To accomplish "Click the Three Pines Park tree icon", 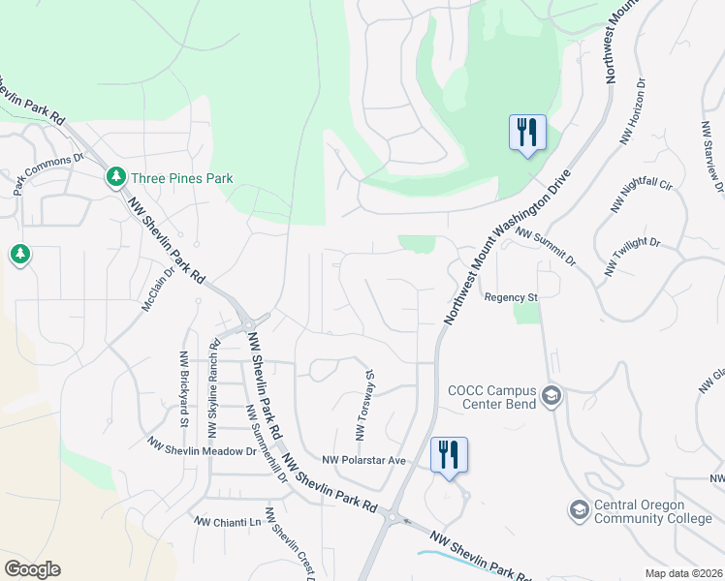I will (x=116, y=177).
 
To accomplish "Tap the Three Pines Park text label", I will (x=182, y=178).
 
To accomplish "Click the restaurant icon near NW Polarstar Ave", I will (x=449, y=454).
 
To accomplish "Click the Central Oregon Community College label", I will (x=652, y=511).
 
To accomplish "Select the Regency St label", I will (x=511, y=297).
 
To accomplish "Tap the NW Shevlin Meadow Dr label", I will (x=201, y=444).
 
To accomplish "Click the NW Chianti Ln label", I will (x=228, y=522).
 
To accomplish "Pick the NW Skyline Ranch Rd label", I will (x=214, y=384).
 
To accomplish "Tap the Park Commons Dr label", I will (x=48, y=174).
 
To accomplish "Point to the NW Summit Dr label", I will (x=546, y=248).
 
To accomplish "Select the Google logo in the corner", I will (x=32, y=569).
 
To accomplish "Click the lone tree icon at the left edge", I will (x=19, y=255).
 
